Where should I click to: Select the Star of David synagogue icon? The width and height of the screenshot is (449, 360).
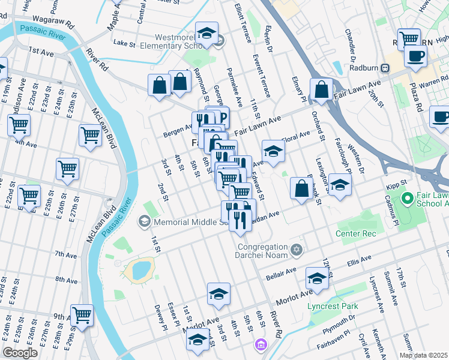coord(295,249)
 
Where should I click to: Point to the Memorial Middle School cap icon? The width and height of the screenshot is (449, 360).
coord(144,222)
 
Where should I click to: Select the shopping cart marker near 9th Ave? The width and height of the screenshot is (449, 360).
coord(82,314)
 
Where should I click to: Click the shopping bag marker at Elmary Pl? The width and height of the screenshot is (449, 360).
coord(322,89)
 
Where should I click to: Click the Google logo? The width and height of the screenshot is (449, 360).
coord(20,353)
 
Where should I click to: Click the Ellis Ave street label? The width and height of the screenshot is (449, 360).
coord(360,262)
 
